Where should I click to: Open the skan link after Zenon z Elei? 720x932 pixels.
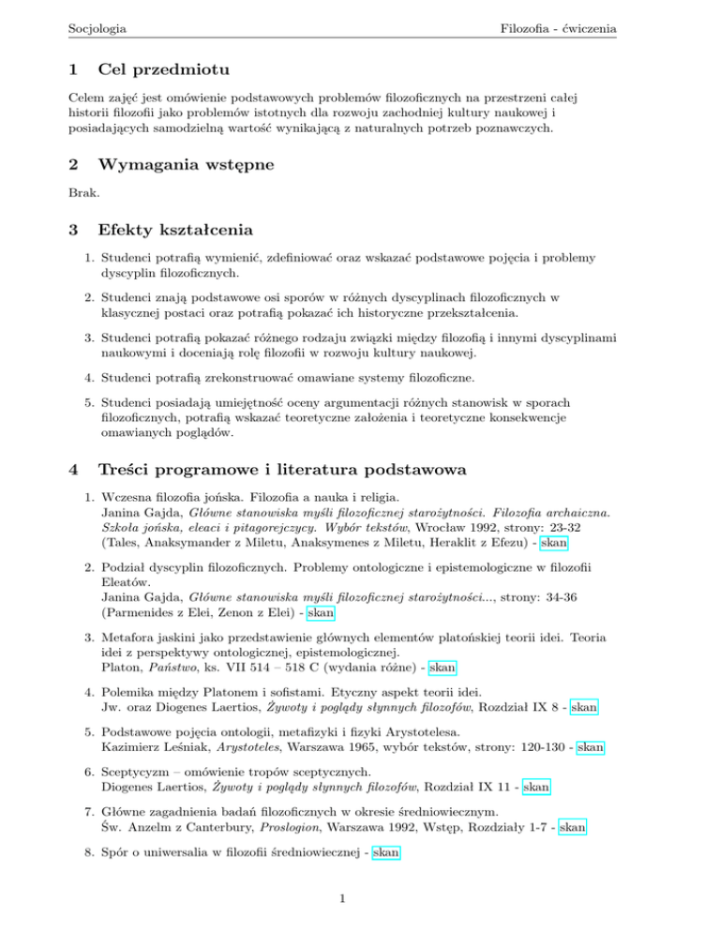coord(322,612)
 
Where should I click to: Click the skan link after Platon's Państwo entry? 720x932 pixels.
coord(442,668)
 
